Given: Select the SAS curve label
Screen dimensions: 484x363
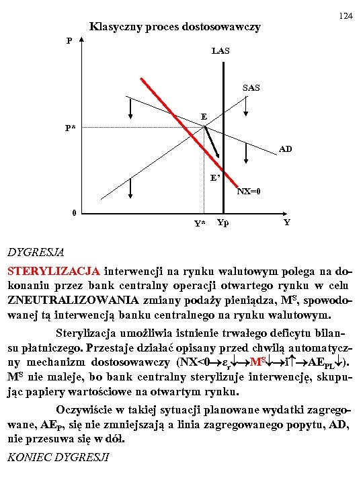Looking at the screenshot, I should click(251, 88).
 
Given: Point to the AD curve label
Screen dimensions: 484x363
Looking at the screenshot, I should click(285, 149).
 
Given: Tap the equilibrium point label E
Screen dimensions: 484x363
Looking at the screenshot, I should click(203, 117).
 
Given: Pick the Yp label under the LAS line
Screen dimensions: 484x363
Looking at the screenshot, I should click(223, 223).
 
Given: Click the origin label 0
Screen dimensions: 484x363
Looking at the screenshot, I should click(75, 214).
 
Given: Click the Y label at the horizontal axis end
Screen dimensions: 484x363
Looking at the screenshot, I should click(287, 222).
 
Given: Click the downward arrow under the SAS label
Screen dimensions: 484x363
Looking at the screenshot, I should click(247, 105).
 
